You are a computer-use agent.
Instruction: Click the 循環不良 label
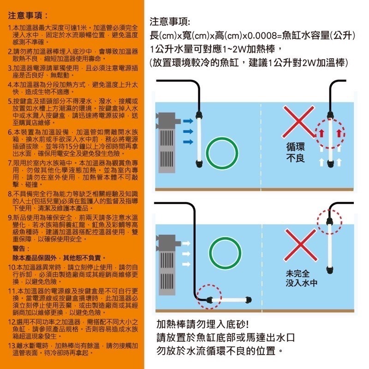[295, 153]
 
